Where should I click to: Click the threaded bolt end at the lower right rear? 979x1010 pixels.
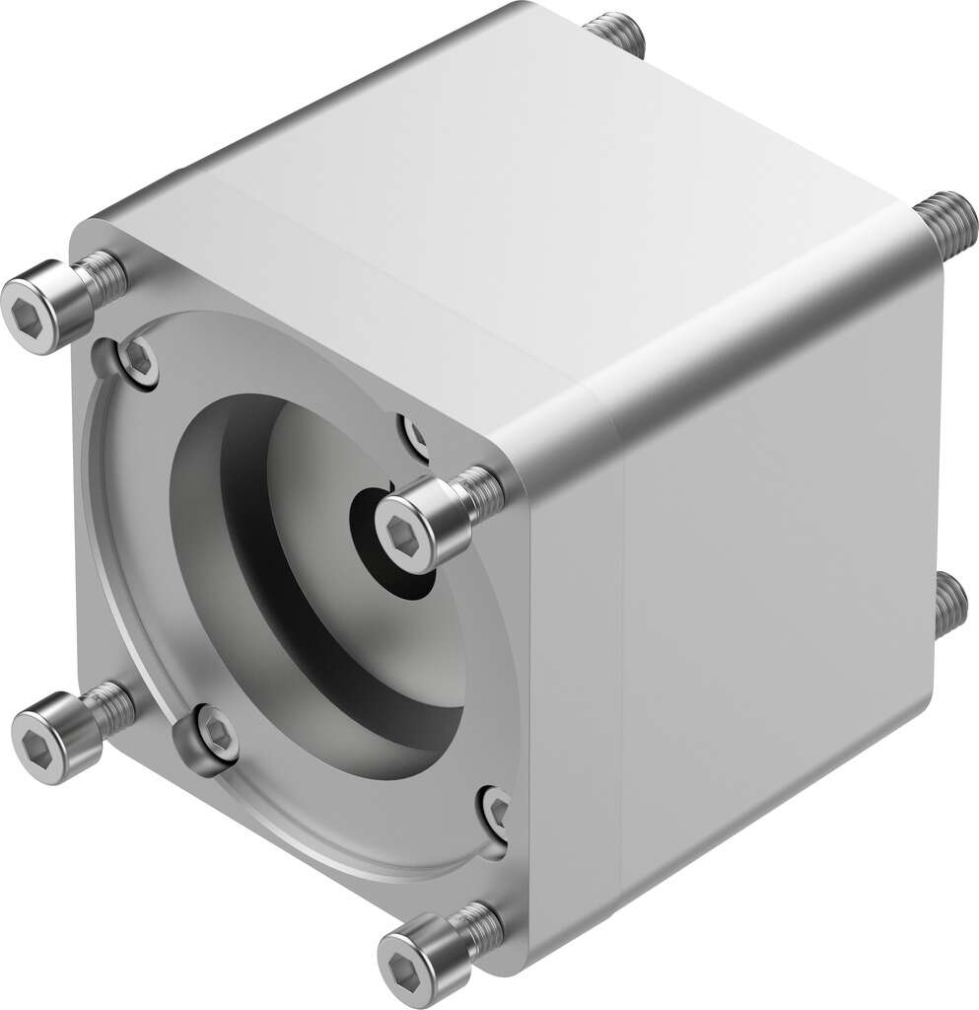point(949,603)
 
